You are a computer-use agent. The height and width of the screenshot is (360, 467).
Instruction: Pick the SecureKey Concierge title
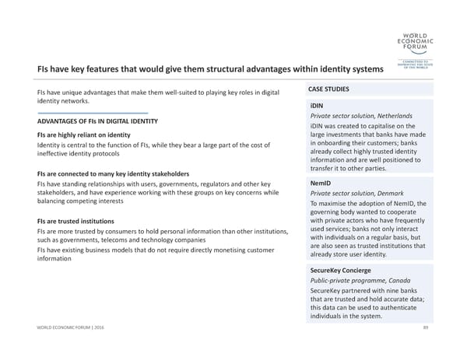[x=340, y=270]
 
